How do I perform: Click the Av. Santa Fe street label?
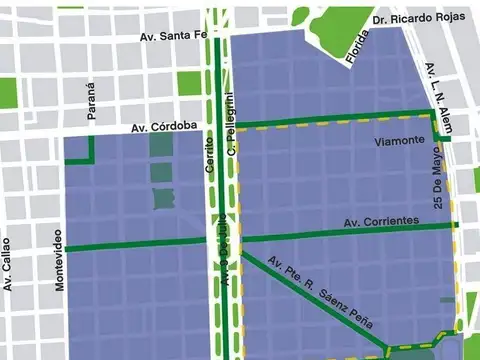pos(173,35)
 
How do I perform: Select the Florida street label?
pos(351,54)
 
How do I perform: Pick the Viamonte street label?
pos(398,141)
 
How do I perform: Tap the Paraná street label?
pos(91,103)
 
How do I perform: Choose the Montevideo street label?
pos(59,259)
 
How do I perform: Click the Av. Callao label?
pos(7,263)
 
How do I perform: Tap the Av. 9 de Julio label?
pos(226,250)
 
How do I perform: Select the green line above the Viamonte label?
pos(330,124)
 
